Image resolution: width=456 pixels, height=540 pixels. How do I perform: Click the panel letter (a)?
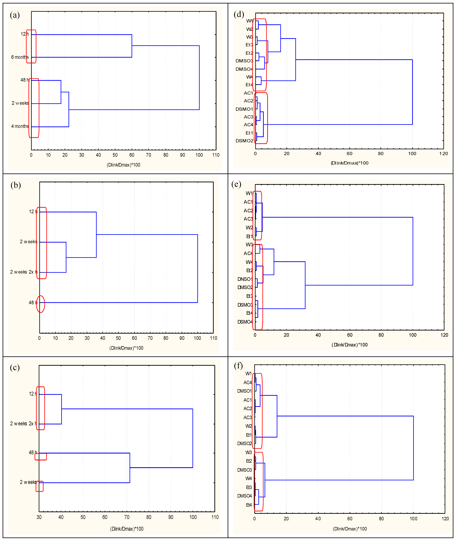coord(15,15)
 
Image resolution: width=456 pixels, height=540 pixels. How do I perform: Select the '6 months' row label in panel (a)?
coord(20,57)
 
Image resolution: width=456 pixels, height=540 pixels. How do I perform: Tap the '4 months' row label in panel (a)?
coord(20,126)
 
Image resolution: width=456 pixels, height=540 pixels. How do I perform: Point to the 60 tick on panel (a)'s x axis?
coord(132,155)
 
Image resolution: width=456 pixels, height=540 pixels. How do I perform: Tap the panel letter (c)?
coord(15,368)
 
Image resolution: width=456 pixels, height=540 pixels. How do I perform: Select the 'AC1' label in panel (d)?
coord(248,93)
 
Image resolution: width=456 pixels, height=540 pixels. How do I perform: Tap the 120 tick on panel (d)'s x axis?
coord(444,153)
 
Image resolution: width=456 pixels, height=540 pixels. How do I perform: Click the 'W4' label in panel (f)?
coord(248,478)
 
